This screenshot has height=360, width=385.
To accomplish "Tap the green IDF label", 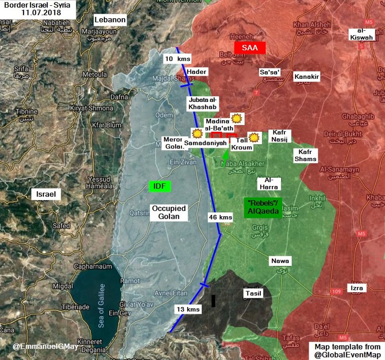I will tap(160, 186).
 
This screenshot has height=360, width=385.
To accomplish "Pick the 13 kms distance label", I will tap(187, 309).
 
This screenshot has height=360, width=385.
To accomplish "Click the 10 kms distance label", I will tap(178, 59).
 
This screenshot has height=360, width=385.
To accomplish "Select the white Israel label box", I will tap(45, 194).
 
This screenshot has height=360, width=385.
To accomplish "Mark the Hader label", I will tap(197, 72).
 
